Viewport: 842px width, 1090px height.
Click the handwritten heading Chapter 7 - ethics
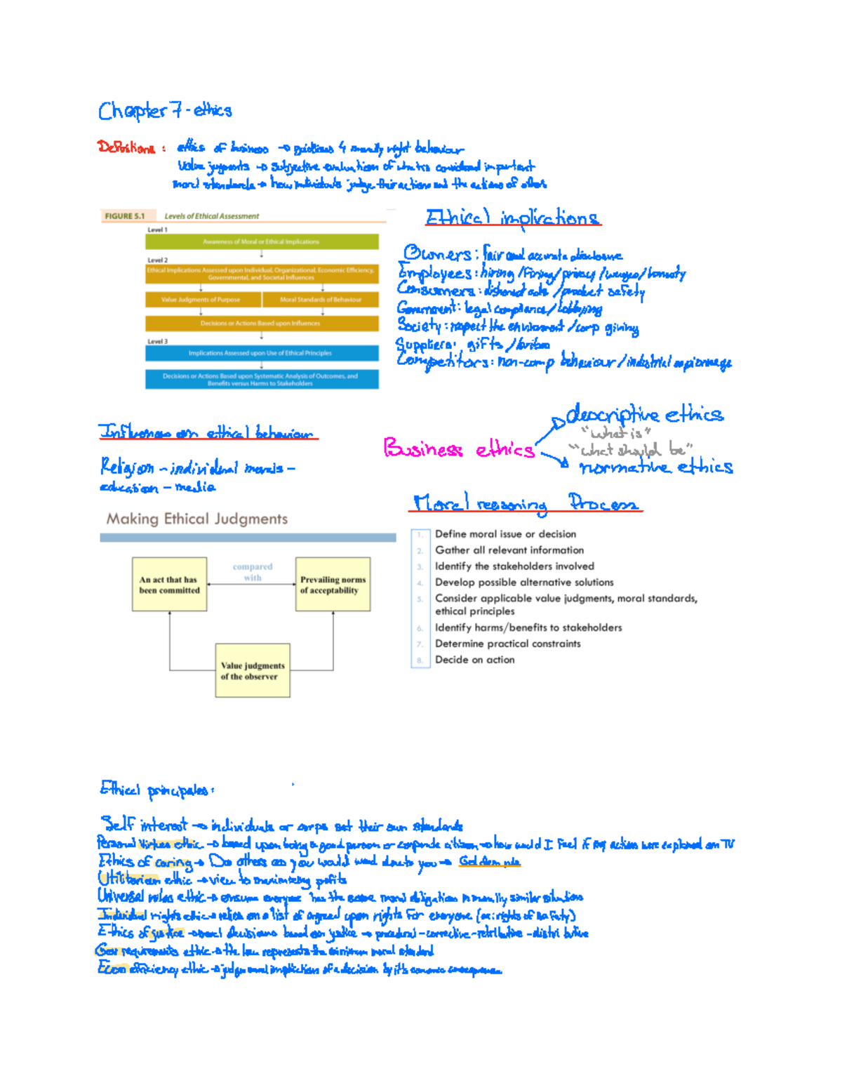coord(165,111)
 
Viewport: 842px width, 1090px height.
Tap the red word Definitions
coord(126,147)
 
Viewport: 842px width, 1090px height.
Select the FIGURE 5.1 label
coord(124,216)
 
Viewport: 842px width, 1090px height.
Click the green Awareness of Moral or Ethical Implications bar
coord(261,241)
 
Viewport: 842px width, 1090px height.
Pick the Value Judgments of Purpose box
coord(201,300)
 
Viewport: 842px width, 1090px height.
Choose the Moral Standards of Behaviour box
coord(321,300)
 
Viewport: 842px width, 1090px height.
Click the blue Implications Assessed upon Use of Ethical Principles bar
coord(261,353)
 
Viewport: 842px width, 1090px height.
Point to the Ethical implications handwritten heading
coord(512,218)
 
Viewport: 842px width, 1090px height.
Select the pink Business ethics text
coord(458,448)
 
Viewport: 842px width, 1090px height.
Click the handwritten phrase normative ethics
coord(656,467)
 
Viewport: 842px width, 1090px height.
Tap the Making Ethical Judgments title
coord(196,519)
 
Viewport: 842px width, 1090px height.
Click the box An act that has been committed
coord(169,585)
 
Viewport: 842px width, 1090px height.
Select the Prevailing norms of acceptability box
coord(333,585)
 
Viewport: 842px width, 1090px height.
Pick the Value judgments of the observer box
coord(253,671)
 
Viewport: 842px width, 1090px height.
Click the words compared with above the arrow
coord(253,572)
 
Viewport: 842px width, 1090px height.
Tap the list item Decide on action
coord(474,660)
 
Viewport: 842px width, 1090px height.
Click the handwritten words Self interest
coord(145,824)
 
